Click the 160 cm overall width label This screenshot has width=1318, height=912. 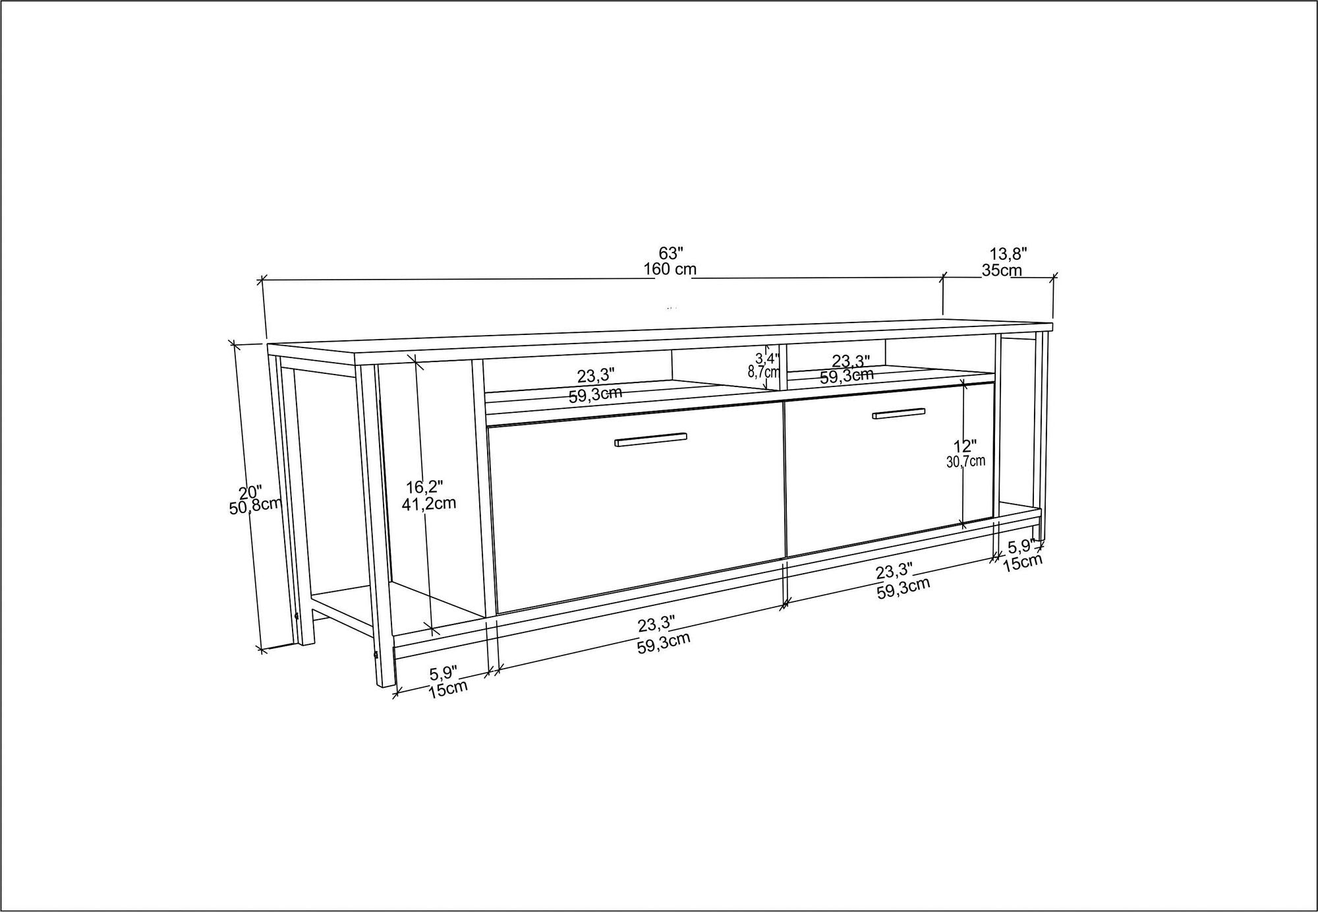(670, 269)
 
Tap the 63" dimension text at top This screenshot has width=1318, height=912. (671, 253)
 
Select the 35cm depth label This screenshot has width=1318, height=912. (1002, 270)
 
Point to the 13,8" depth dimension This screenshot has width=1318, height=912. (1008, 253)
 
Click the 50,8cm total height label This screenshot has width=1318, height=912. (256, 506)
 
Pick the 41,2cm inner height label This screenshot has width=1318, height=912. (429, 504)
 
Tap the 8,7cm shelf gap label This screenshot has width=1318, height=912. (764, 372)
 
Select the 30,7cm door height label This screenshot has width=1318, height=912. (965, 462)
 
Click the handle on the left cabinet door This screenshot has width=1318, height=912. (650, 440)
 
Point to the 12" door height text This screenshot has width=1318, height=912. (965, 446)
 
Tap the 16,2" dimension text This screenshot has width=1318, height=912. (424, 487)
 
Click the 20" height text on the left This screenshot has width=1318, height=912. (250, 492)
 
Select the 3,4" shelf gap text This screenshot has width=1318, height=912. (766, 359)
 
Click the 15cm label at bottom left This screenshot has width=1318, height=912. (448, 688)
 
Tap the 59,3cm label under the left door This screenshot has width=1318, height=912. (663, 642)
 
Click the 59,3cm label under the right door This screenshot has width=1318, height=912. (903, 587)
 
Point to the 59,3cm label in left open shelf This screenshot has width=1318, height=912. (595, 395)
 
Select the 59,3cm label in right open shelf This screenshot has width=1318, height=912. (847, 377)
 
